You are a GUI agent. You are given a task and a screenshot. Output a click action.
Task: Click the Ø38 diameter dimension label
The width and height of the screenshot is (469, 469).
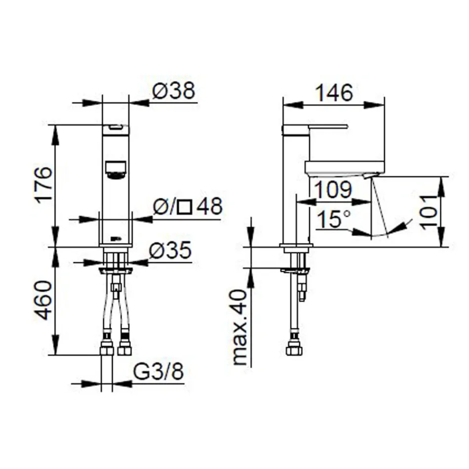[174, 91]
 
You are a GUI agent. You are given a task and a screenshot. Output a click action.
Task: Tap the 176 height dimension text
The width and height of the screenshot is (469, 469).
[43, 185]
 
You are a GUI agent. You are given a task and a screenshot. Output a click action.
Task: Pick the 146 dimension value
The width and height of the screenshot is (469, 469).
[334, 93]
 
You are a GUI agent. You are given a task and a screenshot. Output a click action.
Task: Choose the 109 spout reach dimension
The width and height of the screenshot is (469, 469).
[333, 190]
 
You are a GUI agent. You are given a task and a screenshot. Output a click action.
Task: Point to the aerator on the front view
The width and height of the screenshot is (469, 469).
[116, 169]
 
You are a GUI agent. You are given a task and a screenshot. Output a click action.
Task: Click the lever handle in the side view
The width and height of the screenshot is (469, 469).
[316, 127]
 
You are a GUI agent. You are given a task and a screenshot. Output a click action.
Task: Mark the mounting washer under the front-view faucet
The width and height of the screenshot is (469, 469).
[116, 270]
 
